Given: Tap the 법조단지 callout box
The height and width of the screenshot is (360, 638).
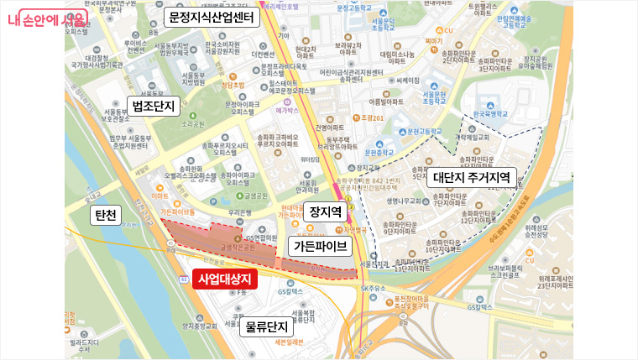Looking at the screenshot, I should pos(153,105).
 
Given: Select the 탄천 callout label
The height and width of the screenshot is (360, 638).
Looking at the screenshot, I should pos(106,216).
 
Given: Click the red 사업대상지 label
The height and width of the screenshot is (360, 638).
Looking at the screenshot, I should pos(225,279).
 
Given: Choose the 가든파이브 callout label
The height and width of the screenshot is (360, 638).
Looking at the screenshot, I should pos(318,246).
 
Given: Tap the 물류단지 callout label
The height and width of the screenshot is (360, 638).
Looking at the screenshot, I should pos(266,327).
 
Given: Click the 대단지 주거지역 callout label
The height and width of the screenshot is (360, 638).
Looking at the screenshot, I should pos(471,178).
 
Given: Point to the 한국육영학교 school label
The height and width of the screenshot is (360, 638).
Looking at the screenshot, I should pos(490,113).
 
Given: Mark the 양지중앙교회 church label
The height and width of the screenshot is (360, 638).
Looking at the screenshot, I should pos(200,327).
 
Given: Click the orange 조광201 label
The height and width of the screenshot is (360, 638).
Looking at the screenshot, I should pos(371,117).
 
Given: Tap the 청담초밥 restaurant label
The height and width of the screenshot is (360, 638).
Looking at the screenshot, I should pos(233,86).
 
